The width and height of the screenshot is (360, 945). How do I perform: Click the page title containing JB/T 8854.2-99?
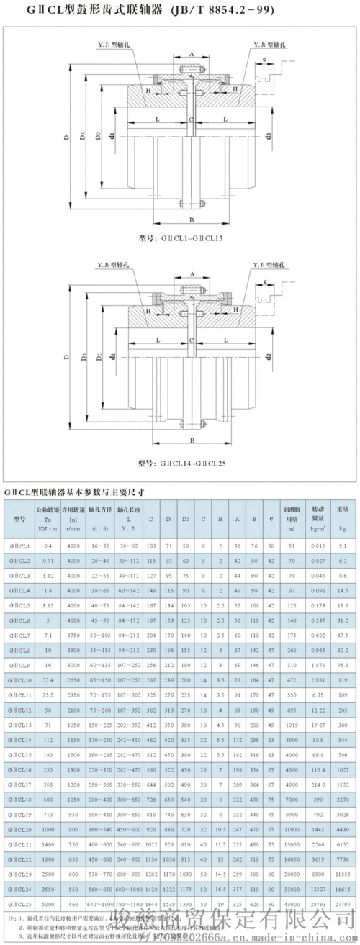(x=180, y=11)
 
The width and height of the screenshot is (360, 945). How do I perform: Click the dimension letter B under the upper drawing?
(x=191, y=220)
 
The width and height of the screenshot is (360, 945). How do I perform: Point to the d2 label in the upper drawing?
(x=268, y=136)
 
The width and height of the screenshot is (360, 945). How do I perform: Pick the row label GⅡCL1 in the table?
(x=19, y=527)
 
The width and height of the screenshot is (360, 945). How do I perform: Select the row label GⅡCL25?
(x=19, y=903)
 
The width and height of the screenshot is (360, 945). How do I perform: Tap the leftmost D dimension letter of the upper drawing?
(x=66, y=140)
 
